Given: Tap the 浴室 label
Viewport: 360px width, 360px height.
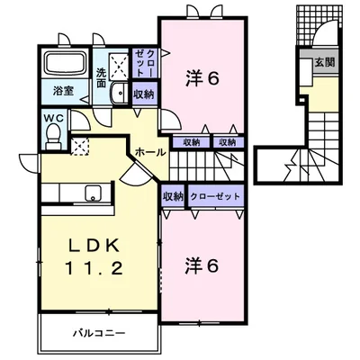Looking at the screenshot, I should (62, 90).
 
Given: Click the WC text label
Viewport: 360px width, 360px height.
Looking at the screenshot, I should (52, 116).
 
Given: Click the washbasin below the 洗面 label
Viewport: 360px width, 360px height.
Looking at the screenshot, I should (117, 94).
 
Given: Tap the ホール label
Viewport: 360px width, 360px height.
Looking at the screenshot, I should (150, 152).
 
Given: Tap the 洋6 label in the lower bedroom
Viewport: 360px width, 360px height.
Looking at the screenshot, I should (203, 267).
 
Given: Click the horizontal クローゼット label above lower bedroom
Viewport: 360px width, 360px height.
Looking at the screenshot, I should (215, 196).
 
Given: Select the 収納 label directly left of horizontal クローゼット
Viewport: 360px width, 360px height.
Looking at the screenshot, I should (174, 196).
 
